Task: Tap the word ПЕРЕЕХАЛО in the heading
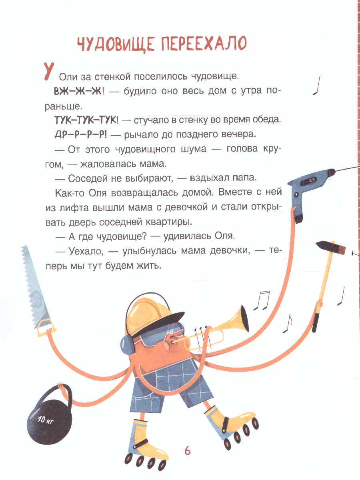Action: [x=204, y=44]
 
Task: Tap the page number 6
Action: [x=187, y=450]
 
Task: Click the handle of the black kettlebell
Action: [x=56, y=390]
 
